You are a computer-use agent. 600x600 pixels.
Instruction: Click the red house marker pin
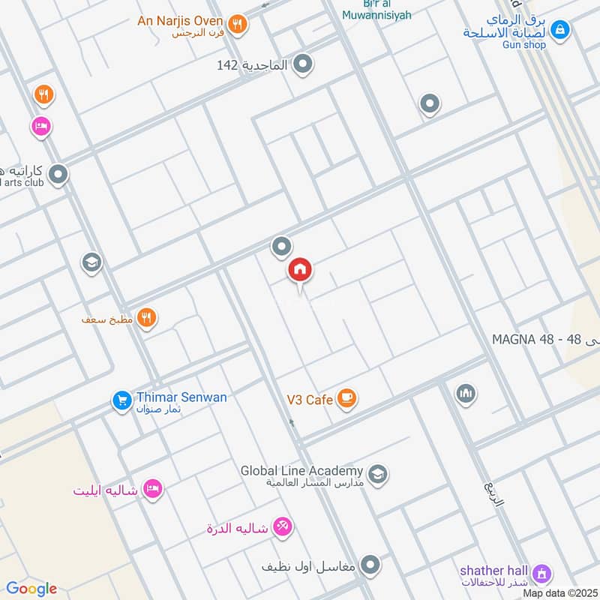coord(300,270)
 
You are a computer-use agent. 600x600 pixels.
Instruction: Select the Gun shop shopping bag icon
coord(559,30)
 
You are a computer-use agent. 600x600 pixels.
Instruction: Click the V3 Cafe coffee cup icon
coord(346,397)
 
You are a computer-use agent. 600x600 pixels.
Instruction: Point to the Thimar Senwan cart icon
coord(121,400)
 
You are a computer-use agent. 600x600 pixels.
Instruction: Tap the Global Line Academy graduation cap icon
coord(377,473)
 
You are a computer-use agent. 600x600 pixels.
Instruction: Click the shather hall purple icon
coord(541,574)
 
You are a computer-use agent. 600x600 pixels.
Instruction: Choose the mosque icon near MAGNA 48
coord(466,393)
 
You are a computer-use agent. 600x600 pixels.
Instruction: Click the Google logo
coord(31,589)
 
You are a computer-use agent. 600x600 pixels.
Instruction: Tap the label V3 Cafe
coord(309,400)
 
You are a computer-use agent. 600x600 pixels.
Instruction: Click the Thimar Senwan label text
coord(181,397)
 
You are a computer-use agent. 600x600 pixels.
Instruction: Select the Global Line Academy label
coord(301,471)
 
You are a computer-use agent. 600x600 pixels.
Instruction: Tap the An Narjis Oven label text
coord(180,20)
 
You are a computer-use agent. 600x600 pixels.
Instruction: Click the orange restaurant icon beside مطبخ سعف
coord(146,318)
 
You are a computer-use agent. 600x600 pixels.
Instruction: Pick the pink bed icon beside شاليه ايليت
coord(153,489)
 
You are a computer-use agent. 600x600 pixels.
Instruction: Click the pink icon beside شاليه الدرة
coord(282,527)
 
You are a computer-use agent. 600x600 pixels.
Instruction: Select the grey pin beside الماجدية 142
coord(302,65)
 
